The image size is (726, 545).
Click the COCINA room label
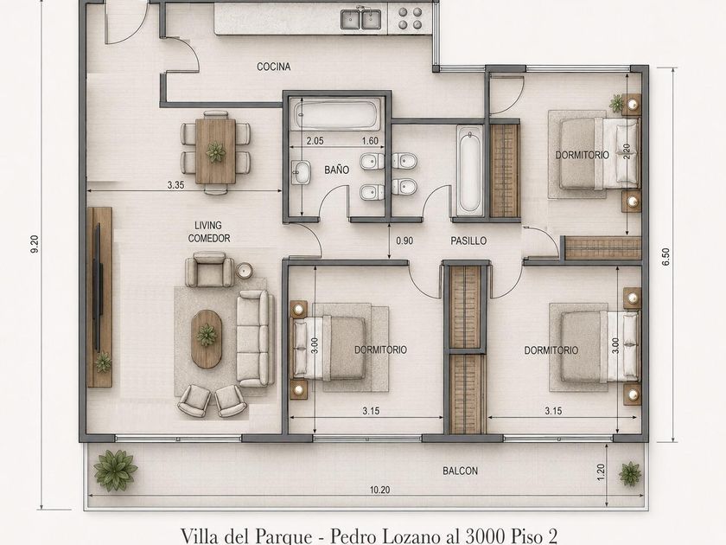click(274, 67)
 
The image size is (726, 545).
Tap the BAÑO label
click(336, 170)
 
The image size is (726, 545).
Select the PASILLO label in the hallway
click(468, 241)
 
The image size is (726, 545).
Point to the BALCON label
click(460, 471)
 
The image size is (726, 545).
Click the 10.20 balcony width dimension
click(379, 490)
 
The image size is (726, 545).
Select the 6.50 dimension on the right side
click(665, 257)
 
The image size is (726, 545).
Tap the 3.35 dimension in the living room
click(176, 185)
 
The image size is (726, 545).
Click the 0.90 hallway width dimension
click(404, 241)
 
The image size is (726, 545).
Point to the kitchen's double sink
click(360, 19)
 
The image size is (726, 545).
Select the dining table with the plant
click(215, 151)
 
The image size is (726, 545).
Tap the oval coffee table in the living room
click(207, 339)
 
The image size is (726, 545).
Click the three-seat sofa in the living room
click(253, 338)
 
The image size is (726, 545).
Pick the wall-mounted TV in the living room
click(97, 287)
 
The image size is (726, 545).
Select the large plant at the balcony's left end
click(115, 470)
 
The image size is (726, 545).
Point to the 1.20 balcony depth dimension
click(601, 472)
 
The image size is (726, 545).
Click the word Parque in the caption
click(283, 536)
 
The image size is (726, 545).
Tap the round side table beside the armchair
click(244, 271)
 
